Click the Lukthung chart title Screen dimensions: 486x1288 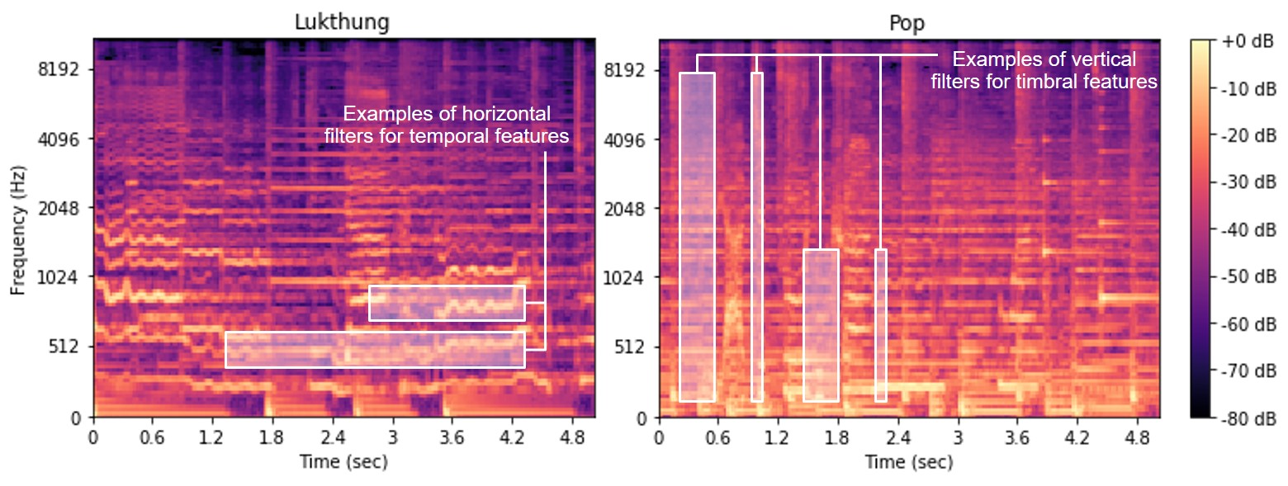342,23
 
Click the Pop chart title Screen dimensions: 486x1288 907,23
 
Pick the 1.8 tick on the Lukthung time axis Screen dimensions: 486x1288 272,435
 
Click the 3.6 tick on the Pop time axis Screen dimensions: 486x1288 1018,435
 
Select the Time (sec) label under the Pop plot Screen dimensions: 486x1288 909,462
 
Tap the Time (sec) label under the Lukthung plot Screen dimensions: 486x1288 343,462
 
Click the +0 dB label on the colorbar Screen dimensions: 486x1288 1240,41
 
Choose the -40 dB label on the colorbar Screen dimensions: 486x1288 1240,229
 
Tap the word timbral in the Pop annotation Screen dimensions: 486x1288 1074,82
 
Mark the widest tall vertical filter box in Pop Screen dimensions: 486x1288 697,237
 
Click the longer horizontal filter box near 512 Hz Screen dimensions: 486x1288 375,350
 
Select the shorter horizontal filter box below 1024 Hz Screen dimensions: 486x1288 447,303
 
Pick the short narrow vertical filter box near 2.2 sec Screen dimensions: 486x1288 880,325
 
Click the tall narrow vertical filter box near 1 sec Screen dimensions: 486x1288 756,237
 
